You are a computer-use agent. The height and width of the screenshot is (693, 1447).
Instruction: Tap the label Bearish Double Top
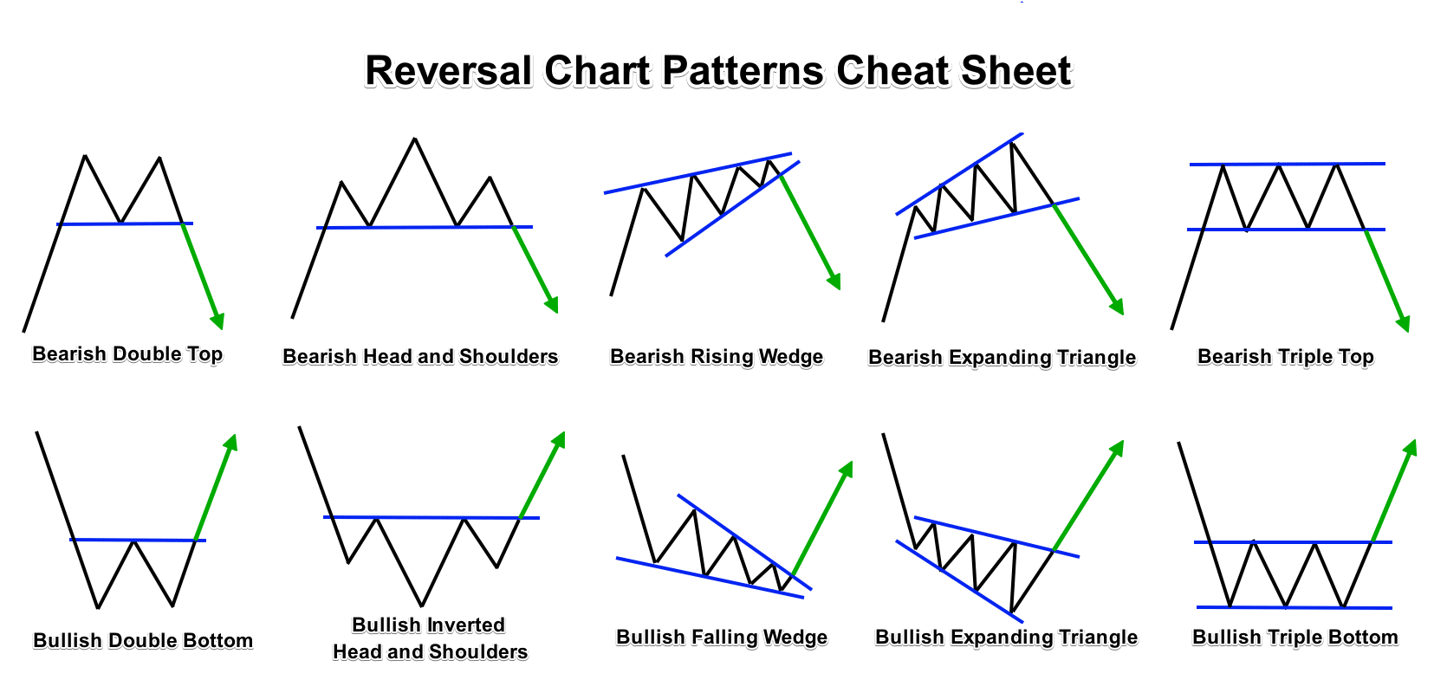pyautogui.click(x=127, y=354)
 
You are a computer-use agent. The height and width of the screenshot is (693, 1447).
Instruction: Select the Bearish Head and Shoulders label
pyautogui.click(x=420, y=357)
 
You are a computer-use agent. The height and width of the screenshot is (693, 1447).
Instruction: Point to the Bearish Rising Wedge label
pyautogui.click(x=717, y=357)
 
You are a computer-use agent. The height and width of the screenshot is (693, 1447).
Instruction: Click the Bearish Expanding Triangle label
pyautogui.click(x=1002, y=358)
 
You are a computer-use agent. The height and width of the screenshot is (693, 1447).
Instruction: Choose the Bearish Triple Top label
pyautogui.click(x=1285, y=357)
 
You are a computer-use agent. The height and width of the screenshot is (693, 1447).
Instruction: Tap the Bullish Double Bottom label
pyautogui.click(x=143, y=641)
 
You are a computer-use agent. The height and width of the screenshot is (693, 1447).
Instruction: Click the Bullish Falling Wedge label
pyautogui.click(x=722, y=638)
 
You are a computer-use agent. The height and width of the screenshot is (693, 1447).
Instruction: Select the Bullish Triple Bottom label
pyautogui.click(x=1295, y=638)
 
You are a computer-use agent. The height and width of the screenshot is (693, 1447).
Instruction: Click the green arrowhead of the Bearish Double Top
pyautogui.click(x=217, y=321)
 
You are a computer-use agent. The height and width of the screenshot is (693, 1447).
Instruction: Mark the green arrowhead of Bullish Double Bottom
pyautogui.click(x=230, y=442)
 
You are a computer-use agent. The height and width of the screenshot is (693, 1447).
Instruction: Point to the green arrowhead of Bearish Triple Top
pyautogui.click(x=1403, y=323)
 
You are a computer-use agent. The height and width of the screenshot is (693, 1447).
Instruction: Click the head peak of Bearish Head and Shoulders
pyautogui.click(x=416, y=139)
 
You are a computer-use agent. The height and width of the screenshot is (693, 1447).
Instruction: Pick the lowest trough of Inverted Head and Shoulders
pyautogui.click(x=422, y=605)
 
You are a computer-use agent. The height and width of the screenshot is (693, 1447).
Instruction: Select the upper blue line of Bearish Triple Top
pyautogui.click(x=1288, y=164)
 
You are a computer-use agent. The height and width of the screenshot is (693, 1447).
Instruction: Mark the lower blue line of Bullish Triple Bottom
pyautogui.click(x=1294, y=607)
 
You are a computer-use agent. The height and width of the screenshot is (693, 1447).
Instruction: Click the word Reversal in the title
pyautogui.click(x=448, y=71)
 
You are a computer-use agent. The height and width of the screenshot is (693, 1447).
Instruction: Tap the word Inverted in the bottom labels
pyautogui.click(x=464, y=625)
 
